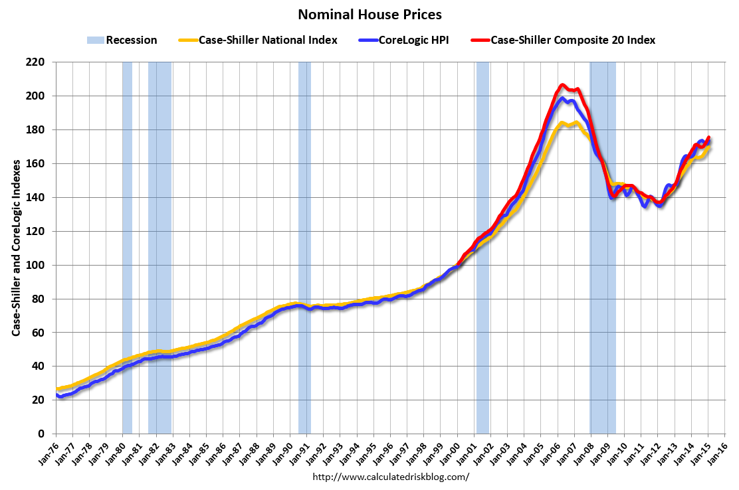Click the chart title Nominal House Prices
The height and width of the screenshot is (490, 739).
pos(369,14)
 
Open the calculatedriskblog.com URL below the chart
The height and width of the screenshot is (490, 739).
pos(390,477)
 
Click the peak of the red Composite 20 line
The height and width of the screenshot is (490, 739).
pos(562,84)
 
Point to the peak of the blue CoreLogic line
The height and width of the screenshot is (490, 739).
pos(562,98)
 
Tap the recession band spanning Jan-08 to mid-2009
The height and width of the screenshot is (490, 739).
pos(603,252)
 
